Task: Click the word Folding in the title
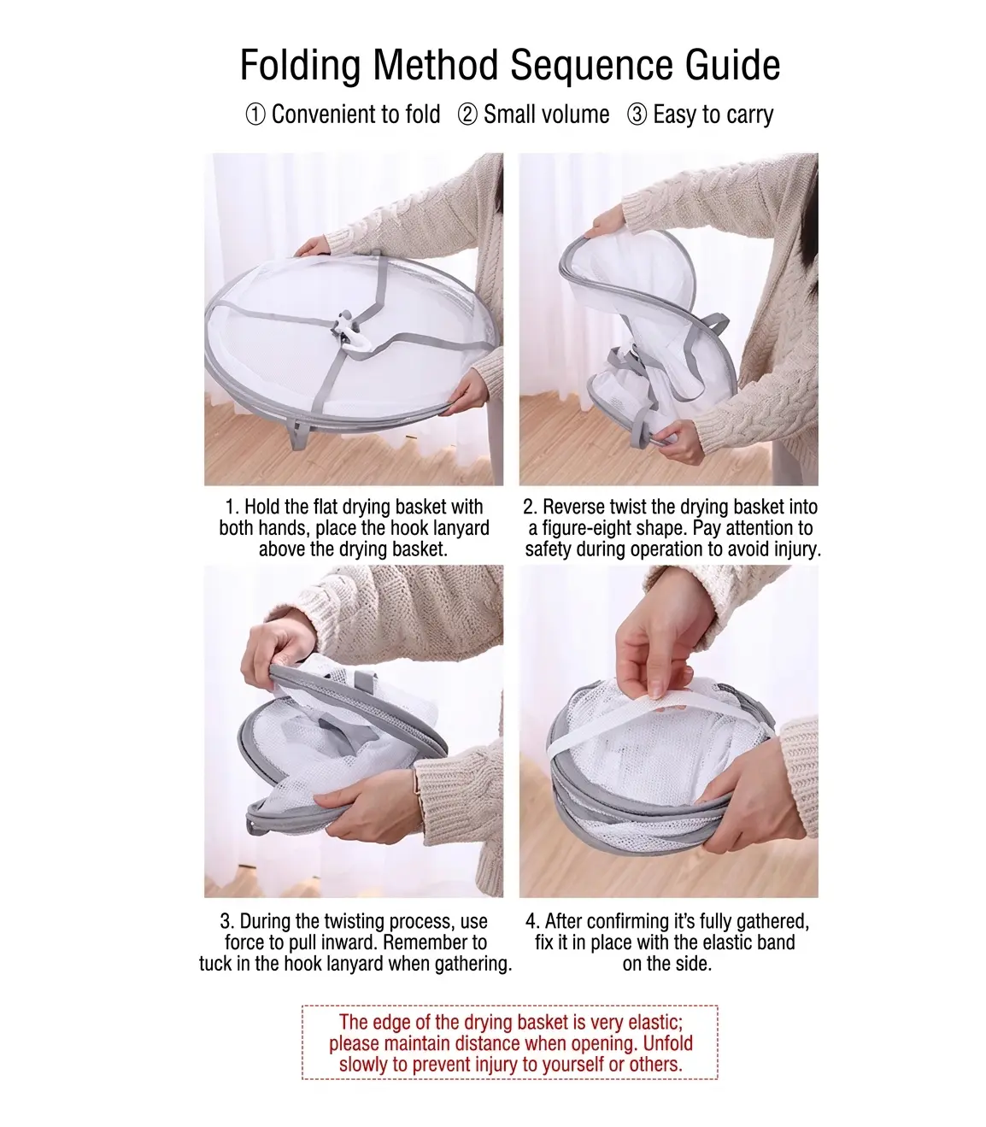(300, 66)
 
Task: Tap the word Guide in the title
(732, 66)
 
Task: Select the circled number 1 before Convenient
(255, 115)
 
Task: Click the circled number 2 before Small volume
(467, 115)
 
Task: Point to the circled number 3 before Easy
(637, 115)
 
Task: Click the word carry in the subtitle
(749, 115)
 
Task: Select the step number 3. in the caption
(227, 921)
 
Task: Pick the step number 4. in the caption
(533, 921)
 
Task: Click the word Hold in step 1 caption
(261, 507)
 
